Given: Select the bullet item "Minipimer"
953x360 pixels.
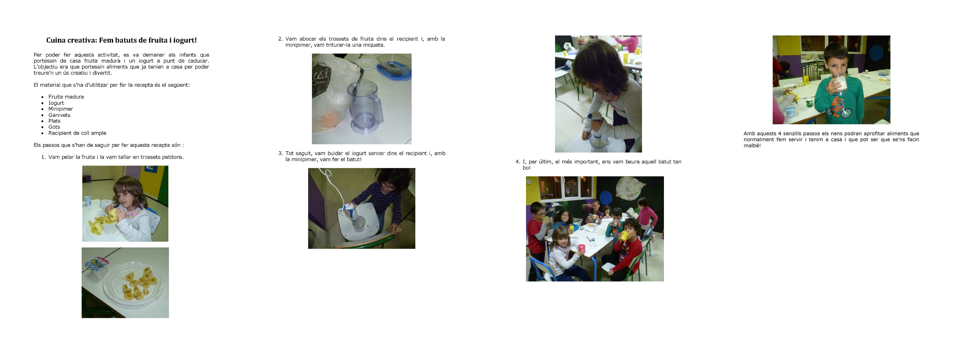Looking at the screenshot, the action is pos(61,109).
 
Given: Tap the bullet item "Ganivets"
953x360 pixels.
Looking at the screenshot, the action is pos(59,115).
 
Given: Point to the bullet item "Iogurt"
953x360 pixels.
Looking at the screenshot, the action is pos(56,103).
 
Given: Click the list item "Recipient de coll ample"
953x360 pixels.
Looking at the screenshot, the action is pos(77,133).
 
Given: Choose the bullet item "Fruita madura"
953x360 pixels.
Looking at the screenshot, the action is pos(66,97).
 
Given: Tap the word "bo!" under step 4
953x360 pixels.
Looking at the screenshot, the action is pos(526,167).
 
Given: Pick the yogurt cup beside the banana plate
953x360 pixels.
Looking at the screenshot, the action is pos(97,268).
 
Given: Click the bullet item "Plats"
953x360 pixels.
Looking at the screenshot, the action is pos(54,121).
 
